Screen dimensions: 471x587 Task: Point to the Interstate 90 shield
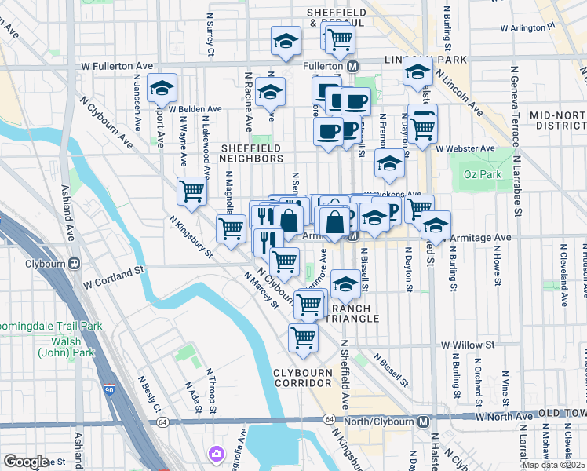point(109,389)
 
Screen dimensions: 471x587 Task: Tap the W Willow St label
point(468,345)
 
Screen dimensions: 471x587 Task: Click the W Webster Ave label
point(466,148)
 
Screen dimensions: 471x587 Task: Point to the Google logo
point(26,461)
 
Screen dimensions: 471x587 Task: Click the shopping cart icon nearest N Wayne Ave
point(191,191)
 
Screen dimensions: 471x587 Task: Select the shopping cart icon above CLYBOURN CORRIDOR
point(303,338)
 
